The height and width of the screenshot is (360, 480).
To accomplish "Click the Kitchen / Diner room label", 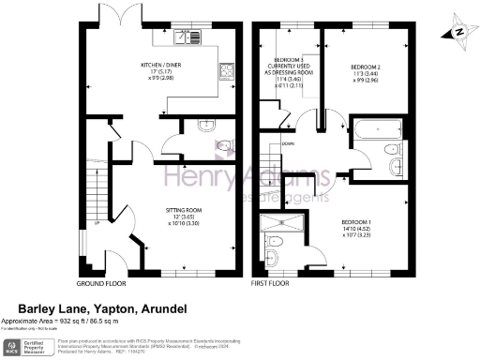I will click(160, 73).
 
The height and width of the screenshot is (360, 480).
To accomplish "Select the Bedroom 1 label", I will click(361, 224).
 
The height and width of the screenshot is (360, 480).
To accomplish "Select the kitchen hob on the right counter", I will click(226, 71).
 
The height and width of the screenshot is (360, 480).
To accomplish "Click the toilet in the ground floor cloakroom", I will click(223, 146).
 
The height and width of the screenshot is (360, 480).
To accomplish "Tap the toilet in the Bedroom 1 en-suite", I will click(271, 257).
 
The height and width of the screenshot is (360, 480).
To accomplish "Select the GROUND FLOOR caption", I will click(102, 282).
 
